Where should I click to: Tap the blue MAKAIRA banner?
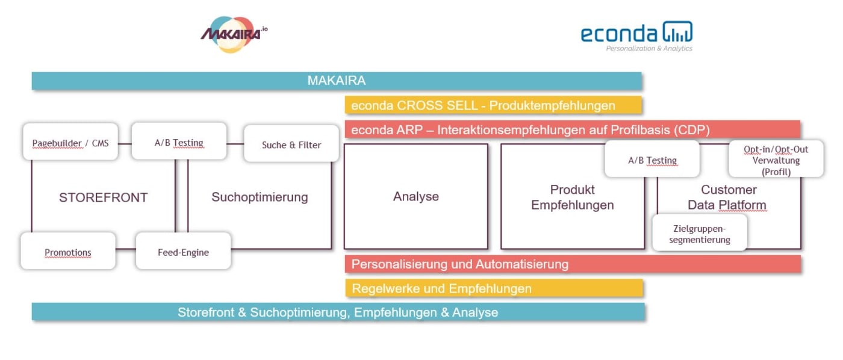336,81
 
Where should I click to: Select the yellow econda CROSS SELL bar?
493,105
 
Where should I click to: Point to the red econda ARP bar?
572,129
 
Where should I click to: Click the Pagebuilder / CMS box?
70,142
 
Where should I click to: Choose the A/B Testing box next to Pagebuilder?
179,141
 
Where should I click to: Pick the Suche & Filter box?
291,144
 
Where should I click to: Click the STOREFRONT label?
103,197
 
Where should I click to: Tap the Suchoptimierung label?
260,197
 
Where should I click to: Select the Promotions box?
68,251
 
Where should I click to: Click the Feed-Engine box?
183,251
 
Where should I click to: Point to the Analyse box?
416,196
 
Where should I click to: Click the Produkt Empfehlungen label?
572,197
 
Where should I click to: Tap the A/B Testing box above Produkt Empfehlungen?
652,159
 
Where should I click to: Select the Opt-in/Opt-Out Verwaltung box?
776,160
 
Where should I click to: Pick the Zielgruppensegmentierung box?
700,233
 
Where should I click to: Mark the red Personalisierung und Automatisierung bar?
572,264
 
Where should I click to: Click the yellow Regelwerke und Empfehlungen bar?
494,288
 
